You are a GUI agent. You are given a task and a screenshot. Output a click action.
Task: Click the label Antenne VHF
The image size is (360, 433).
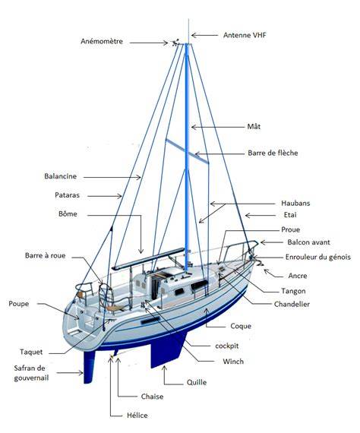point(245,36)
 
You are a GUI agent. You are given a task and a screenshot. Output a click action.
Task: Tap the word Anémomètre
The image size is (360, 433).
point(102,42)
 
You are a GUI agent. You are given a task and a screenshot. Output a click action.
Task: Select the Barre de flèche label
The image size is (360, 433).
point(273,153)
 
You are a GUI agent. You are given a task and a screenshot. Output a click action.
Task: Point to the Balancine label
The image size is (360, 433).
point(61,176)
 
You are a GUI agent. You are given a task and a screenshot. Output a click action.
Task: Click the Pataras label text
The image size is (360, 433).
point(67,195)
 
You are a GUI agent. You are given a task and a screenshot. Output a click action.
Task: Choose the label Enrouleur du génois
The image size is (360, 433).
point(317,257)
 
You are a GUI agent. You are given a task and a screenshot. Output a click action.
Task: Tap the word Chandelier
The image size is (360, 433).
point(292,305)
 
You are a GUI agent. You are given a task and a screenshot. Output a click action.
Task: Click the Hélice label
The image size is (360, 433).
point(137,416)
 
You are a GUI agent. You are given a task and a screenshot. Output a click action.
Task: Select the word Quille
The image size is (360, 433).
point(197,382)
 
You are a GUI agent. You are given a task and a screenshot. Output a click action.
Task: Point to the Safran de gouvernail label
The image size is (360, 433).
point(31,373)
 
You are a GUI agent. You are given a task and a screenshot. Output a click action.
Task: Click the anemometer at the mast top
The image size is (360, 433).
point(175,43)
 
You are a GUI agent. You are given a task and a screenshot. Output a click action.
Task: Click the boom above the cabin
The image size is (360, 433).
point(148,259)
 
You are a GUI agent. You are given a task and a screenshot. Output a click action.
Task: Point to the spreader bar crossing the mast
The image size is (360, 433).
point(187,150)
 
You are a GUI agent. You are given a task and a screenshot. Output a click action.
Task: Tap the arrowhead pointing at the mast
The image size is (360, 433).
point(194,128)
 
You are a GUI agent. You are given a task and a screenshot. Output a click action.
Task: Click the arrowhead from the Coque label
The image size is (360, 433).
point(206,311)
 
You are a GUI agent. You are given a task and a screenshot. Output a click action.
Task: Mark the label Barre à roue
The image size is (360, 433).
point(46,255)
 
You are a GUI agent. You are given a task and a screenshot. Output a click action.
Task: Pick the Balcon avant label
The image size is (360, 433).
point(308,242)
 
